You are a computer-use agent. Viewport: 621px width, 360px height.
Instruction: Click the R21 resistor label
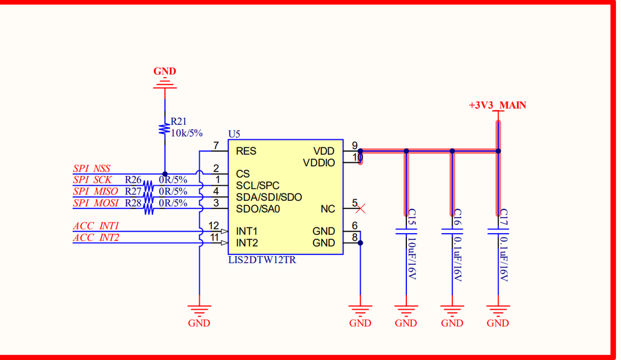[x=179, y=122]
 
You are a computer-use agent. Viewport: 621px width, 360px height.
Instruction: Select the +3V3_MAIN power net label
[x=497, y=106]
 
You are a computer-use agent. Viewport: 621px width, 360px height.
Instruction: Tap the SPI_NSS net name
[x=91, y=168]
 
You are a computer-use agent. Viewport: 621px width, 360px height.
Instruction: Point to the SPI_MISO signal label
[x=95, y=192]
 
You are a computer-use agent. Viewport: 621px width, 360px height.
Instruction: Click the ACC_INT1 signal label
[x=96, y=226]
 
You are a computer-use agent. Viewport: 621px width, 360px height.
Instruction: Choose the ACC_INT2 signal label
[x=96, y=238]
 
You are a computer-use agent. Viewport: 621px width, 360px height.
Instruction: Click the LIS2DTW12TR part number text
[x=262, y=260]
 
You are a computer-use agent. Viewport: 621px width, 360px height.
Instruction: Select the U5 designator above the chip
[x=234, y=134]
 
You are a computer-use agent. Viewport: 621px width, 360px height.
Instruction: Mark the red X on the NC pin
[x=360, y=209]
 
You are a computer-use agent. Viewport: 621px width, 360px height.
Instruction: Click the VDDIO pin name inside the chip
[x=319, y=163]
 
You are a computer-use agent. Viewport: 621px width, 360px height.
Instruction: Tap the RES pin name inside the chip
[x=246, y=151]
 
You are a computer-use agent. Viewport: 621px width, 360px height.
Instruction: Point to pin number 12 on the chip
[x=213, y=226]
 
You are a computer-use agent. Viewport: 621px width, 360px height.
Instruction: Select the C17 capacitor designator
[x=504, y=217]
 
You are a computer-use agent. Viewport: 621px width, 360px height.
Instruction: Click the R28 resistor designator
[x=133, y=203]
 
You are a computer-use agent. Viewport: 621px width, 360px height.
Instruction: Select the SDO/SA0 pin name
[x=258, y=209]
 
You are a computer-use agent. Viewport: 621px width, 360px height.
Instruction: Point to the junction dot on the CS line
[x=165, y=174]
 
